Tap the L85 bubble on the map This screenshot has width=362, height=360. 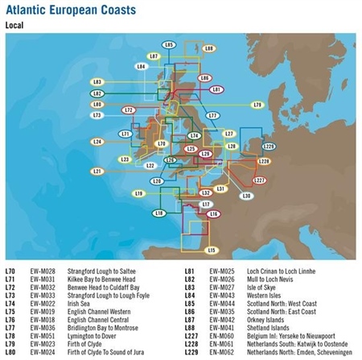[168, 44]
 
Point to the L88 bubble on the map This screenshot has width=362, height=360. [208, 49]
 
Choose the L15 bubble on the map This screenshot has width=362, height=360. [211, 250]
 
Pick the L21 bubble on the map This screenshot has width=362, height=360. [97, 172]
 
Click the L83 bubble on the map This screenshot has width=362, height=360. [97, 82]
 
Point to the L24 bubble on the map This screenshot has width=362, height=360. [97, 142]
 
